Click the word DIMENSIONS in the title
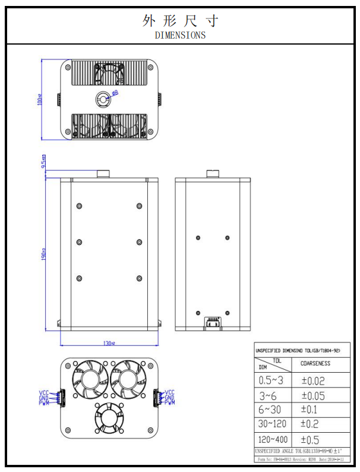point(180,35)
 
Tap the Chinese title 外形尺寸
point(180,21)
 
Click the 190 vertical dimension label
point(43,254)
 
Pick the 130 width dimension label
point(108,343)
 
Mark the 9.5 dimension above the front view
point(43,162)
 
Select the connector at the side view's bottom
point(212,323)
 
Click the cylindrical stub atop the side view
point(212,174)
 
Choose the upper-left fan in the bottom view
point(88,379)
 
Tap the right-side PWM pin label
point(170,403)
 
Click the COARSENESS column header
point(315,363)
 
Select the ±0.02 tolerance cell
point(313,380)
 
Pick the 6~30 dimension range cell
point(271,410)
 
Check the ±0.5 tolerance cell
point(312,440)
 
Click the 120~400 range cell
point(274,440)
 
